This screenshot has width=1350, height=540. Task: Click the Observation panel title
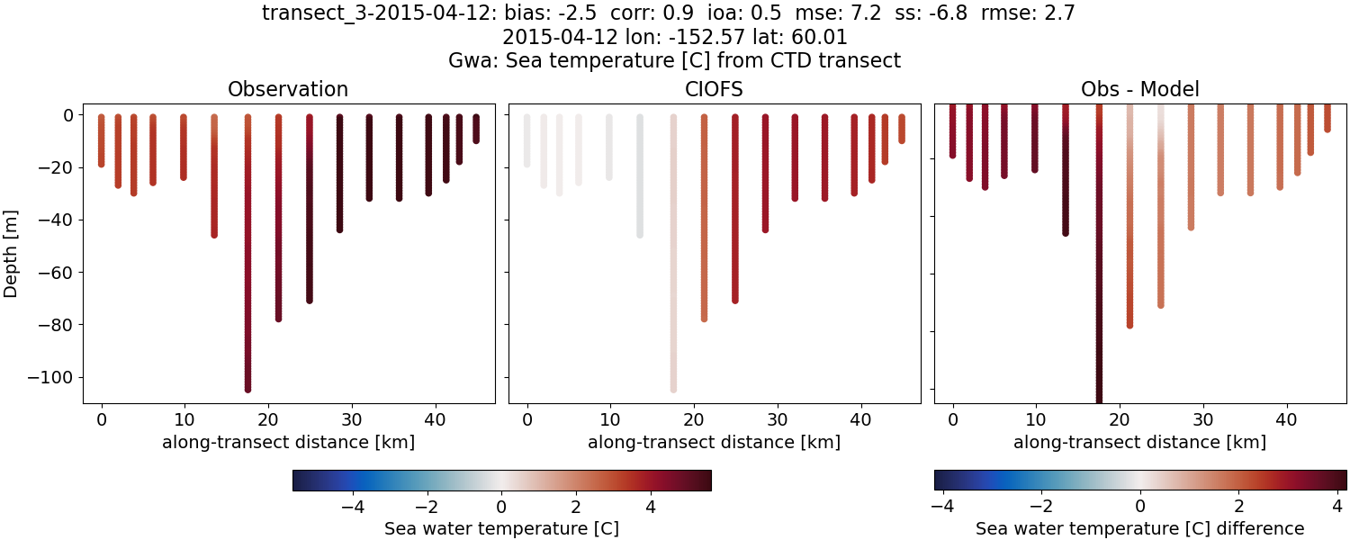point(288,89)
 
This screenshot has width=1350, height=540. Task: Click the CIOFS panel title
point(715,89)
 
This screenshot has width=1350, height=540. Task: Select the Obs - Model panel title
point(1139,89)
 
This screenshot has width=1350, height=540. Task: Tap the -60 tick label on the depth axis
point(57,273)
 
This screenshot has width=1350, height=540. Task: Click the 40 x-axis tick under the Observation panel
point(435,418)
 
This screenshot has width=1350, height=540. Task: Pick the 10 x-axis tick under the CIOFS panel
point(610,418)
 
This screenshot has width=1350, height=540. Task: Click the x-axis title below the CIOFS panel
point(715,442)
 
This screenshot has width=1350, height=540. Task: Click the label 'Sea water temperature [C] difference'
point(1139,528)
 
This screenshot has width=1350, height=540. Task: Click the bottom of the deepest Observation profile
point(247,389)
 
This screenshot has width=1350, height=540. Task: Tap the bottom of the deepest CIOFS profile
point(672,389)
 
